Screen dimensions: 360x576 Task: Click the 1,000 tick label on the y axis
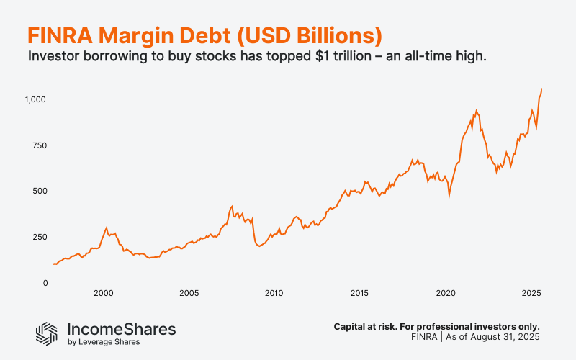coord(35,99)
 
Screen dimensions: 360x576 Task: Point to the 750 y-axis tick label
coord(38,145)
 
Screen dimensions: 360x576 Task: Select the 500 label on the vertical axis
coord(38,191)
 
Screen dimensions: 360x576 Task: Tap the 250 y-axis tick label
coord(38,237)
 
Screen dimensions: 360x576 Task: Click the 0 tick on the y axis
coord(44,283)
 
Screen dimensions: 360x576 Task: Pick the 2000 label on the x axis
coord(103,293)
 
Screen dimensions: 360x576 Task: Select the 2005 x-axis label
coord(189,293)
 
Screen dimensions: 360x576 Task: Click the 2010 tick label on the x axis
coord(274,293)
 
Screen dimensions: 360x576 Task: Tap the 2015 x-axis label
coord(359,293)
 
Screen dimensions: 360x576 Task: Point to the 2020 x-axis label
coord(446,293)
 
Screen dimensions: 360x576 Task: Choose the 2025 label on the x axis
coord(531,293)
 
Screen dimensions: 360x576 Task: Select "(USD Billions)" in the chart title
coord(304,35)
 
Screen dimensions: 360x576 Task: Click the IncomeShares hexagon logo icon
coord(47,332)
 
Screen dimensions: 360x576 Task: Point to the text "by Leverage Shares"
coord(104,342)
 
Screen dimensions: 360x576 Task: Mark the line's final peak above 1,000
coord(541,89)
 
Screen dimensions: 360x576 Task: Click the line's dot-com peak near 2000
coord(107,228)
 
